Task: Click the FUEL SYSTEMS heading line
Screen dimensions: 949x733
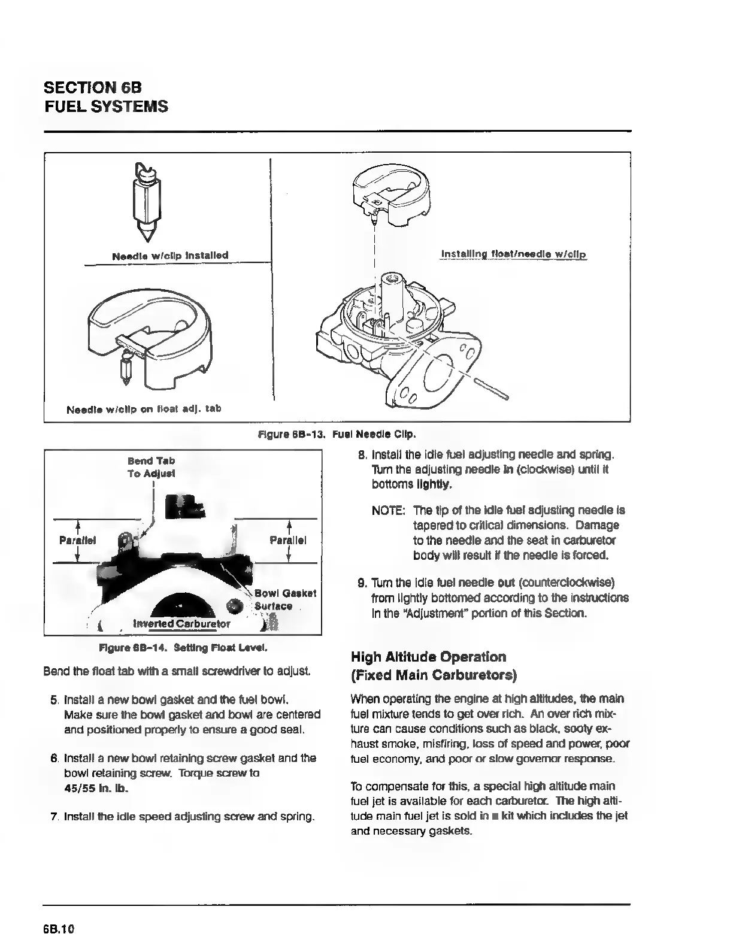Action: (106, 107)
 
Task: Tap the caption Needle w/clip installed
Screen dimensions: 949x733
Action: (170, 256)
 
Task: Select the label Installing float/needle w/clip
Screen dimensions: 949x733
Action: (514, 254)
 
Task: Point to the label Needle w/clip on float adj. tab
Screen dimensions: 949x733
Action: (144, 409)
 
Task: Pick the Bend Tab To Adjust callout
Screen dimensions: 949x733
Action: (151, 467)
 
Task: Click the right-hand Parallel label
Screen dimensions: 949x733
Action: (288, 541)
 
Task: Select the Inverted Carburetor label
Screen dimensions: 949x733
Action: (181, 623)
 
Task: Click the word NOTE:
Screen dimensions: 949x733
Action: (389, 511)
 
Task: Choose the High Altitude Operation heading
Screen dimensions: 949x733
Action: (428, 657)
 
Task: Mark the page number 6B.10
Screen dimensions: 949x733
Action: (58, 929)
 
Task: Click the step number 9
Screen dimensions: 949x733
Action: (362, 583)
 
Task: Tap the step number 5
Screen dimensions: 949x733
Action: (54, 699)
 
